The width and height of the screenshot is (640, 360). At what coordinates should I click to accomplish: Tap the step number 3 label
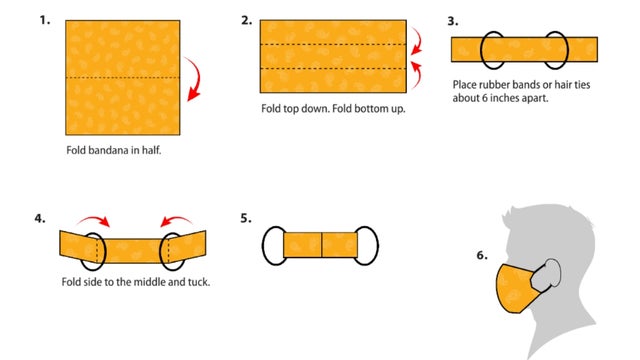pos(453,19)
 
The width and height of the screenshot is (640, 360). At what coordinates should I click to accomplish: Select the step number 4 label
pos(39,217)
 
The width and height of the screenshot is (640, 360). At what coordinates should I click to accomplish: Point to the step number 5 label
pos(246,217)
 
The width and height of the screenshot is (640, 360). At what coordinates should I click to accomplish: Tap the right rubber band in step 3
pos(557,48)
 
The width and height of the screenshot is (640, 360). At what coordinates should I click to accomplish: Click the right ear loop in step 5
pos(367,245)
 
